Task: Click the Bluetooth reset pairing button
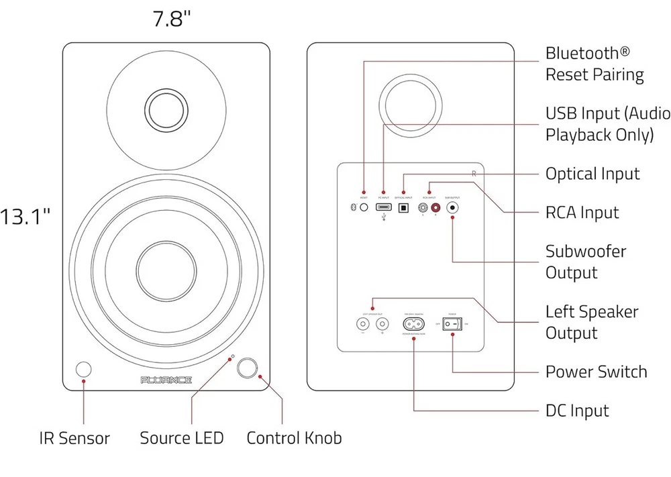pos(364,208)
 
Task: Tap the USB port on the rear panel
pos(384,208)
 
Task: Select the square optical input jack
pos(403,208)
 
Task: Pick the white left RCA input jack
pos(424,208)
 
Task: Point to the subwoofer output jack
pos(453,208)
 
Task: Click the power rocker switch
pos(453,324)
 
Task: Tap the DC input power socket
pos(413,324)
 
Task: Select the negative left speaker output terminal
pos(363,324)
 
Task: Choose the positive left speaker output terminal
pos(382,324)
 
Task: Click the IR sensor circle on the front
pos(84,370)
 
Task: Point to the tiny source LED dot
pos(232,356)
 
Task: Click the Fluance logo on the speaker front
pos(166,380)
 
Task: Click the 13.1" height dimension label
pos(25,217)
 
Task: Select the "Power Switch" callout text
pos(596,372)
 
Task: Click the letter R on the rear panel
pos(474,174)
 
